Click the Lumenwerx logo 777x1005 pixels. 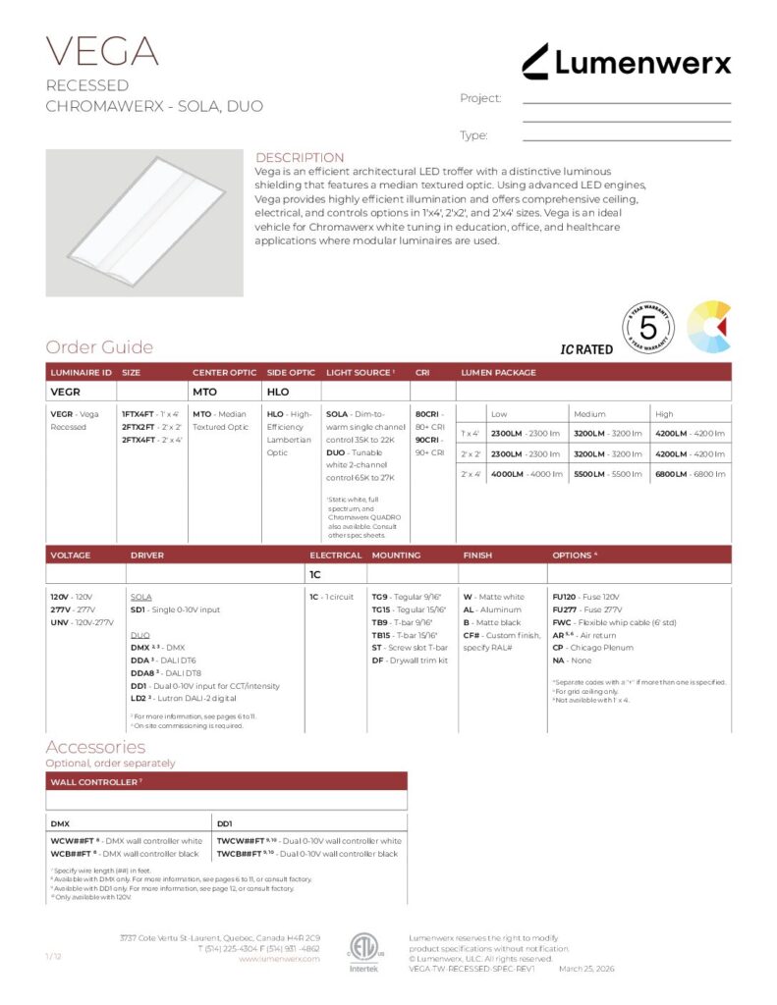(x=626, y=63)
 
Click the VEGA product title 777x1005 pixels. (x=102, y=51)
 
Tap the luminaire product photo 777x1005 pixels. (x=143, y=223)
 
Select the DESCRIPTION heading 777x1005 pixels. (x=300, y=157)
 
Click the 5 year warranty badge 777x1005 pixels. (x=647, y=328)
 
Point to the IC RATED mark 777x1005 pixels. (x=586, y=349)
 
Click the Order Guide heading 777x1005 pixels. (x=99, y=347)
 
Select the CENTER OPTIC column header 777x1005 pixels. (x=224, y=373)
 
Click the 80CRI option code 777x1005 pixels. (x=428, y=414)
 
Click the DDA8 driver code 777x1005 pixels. (x=143, y=672)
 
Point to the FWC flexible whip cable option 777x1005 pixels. (x=563, y=622)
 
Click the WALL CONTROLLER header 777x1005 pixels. (x=93, y=781)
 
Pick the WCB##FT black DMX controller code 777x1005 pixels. (x=72, y=854)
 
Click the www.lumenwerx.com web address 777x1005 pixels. (x=279, y=959)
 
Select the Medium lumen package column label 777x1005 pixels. (x=589, y=414)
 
